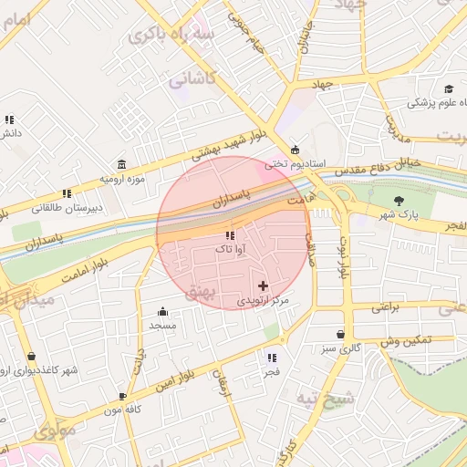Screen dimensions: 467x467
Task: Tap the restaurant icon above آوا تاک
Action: pos(229,235)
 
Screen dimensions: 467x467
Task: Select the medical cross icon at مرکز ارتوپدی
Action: pos(264,286)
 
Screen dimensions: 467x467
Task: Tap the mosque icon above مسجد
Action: pos(162,312)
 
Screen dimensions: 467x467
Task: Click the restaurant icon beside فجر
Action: pos(271,358)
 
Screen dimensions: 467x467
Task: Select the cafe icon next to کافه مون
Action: pos(123,397)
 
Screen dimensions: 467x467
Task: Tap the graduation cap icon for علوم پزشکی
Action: pos(449,88)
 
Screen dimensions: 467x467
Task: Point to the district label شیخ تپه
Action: pos(325,399)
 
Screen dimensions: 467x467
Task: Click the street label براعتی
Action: pos(385,308)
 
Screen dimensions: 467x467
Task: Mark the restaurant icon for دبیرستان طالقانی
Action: pos(67,193)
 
